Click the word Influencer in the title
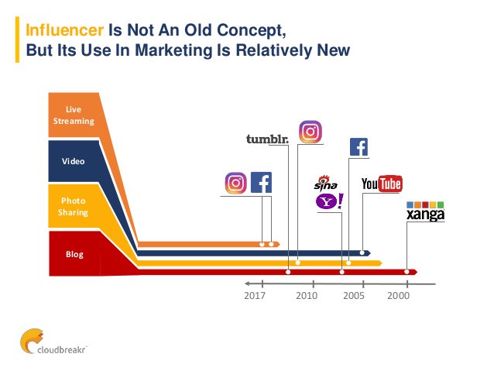[x=63, y=30]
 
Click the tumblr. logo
[x=266, y=139]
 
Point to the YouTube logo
[x=382, y=184]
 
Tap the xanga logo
[x=425, y=211]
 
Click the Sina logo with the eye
[x=325, y=183]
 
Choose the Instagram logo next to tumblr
[x=310, y=132]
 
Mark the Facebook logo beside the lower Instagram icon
[x=261, y=183]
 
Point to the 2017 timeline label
[x=255, y=296]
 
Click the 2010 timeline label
[x=307, y=296]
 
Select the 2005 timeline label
[x=354, y=296]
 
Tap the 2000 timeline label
[x=399, y=296]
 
